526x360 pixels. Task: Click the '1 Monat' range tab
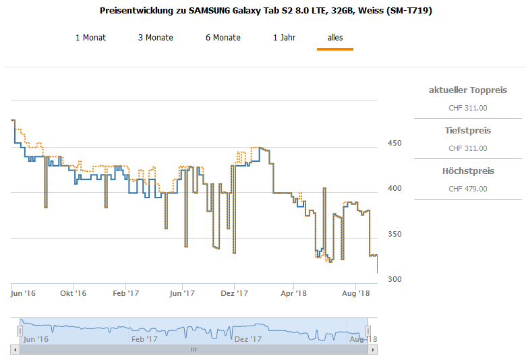click(91, 38)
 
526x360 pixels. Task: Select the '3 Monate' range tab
click(156, 38)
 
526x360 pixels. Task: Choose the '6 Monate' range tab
click(223, 38)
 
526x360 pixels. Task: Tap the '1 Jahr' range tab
click(284, 38)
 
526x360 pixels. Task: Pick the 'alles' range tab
click(335, 38)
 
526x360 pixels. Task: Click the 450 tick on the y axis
click(394, 143)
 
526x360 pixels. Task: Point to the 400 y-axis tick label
click(394, 188)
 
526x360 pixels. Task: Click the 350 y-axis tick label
click(394, 234)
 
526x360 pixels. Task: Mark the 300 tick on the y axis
click(394, 279)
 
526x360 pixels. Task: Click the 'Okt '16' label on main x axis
click(73, 293)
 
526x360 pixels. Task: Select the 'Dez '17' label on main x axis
click(235, 293)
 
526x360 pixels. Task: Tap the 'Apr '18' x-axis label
click(293, 293)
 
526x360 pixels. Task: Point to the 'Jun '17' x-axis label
click(182, 293)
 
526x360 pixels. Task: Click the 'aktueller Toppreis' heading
click(468, 90)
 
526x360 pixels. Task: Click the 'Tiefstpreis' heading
click(468, 131)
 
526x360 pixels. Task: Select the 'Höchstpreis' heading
click(468, 171)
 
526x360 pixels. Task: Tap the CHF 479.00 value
click(468, 189)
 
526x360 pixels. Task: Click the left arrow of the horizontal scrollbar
click(14, 350)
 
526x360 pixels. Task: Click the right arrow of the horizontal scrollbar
click(373, 350)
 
